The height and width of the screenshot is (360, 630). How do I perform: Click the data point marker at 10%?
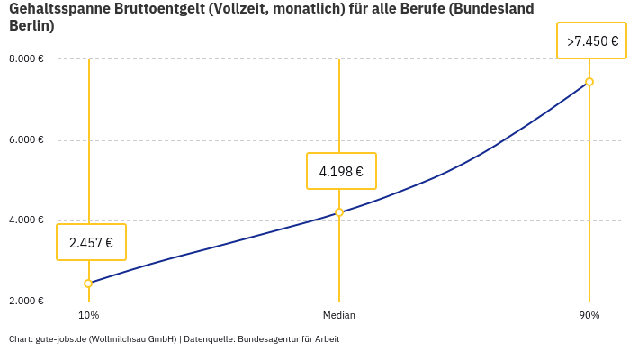[x=88, y=283]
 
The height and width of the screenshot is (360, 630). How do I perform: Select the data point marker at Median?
[x=339, y=212]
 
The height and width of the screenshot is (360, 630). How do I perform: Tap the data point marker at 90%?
[x=589, y=82]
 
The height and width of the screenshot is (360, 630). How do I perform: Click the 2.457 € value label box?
[x=91, y=242]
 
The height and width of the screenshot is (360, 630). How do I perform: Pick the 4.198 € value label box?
[x=341, y=171]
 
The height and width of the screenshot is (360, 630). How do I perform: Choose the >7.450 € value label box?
[x=592, y=40]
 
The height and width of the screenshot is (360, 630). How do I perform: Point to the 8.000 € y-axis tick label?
[x=26, y=59]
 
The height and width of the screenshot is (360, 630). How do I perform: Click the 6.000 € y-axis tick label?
[x=26, y=139]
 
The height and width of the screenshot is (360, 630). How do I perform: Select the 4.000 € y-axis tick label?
[x=26, y=220]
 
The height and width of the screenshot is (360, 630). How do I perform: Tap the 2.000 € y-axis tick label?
[x=26, y=301]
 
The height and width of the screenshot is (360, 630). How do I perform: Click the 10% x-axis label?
[x=88, y=316]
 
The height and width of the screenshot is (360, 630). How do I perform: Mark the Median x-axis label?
[x=339, y=316]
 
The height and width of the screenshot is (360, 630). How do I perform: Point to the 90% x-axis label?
[x=589, y=316]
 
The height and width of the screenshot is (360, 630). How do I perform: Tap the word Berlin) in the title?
[x=31, y=26]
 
